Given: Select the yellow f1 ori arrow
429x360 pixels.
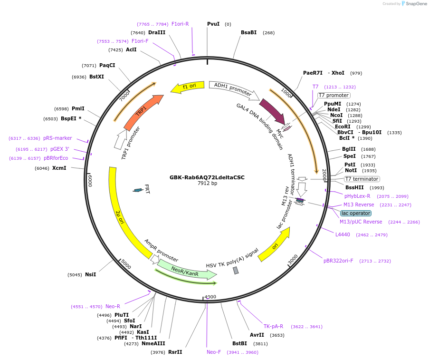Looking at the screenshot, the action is click(188, 87).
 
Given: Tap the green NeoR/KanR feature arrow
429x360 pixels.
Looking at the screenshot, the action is click(187, 271).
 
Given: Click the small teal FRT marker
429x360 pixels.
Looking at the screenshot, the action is click(138, 190).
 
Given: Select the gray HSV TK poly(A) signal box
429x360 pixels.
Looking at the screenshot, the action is click(236, 271).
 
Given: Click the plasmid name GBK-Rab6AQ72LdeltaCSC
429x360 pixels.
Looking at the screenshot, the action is click(207, 177).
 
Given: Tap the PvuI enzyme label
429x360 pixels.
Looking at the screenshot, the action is click(213, 24).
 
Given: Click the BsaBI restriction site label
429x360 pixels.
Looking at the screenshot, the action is click(248, 32).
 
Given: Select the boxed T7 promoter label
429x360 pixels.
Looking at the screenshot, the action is click(334, 95).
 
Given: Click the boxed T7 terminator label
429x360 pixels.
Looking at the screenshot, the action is click(362, 179).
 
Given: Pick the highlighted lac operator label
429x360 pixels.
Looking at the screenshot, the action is click(356, 213).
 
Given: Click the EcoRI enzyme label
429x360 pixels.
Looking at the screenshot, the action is click(343, 126).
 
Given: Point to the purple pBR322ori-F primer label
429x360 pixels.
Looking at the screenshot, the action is click(338, 261).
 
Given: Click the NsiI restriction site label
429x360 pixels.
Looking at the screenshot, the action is click(91, 274).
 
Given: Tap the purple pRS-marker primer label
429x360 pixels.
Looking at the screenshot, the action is click(57, 138).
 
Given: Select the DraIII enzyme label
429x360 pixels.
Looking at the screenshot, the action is click(157, 32).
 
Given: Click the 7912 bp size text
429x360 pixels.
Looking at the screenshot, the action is click(207, 183).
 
